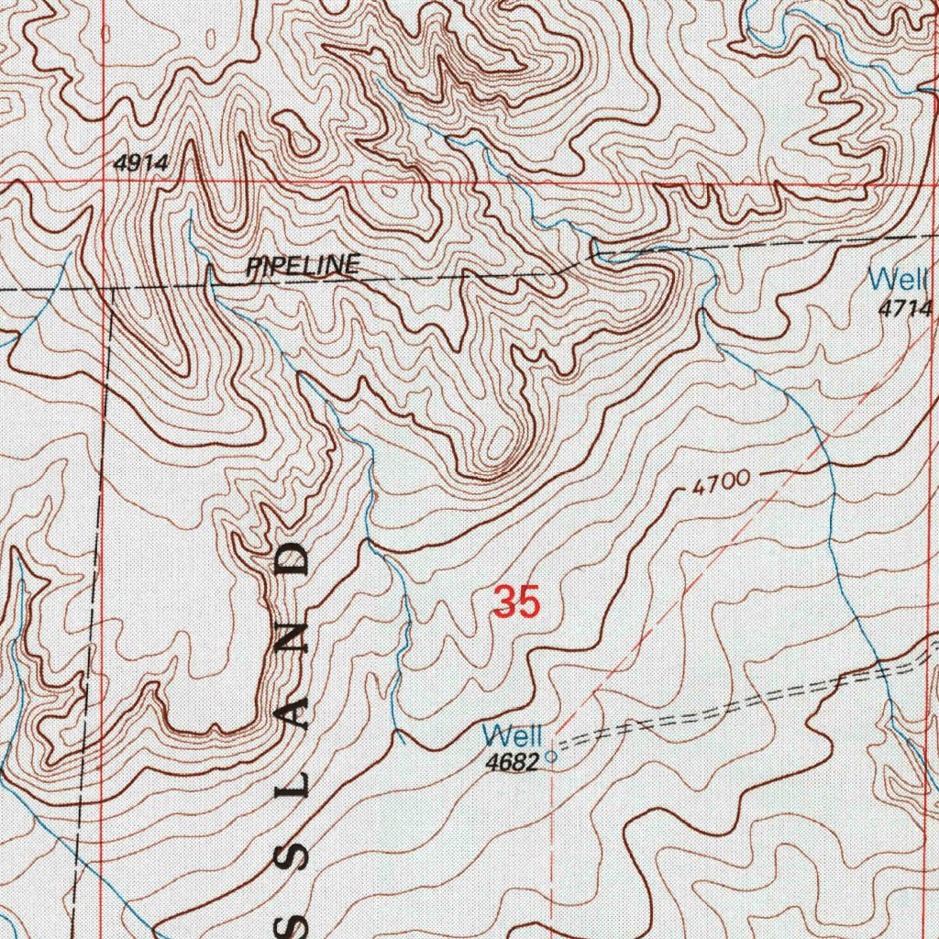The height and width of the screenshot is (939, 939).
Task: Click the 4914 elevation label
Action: click(141, 163)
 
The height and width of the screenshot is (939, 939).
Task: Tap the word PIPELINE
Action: click(303, 267)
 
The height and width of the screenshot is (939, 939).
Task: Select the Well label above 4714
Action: click(899, 278)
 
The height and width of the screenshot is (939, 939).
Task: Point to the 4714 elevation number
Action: click(904, 309)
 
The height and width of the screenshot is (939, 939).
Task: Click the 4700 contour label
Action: click(722, 482)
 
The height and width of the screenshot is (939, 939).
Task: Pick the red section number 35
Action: click(515, 602)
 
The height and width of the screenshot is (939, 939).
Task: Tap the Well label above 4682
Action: click(513, 735)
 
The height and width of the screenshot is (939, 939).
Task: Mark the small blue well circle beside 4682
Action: click(551, 757)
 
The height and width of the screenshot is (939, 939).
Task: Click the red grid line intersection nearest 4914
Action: click(104, 182)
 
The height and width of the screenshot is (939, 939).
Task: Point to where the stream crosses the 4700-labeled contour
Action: click(830, 469)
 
